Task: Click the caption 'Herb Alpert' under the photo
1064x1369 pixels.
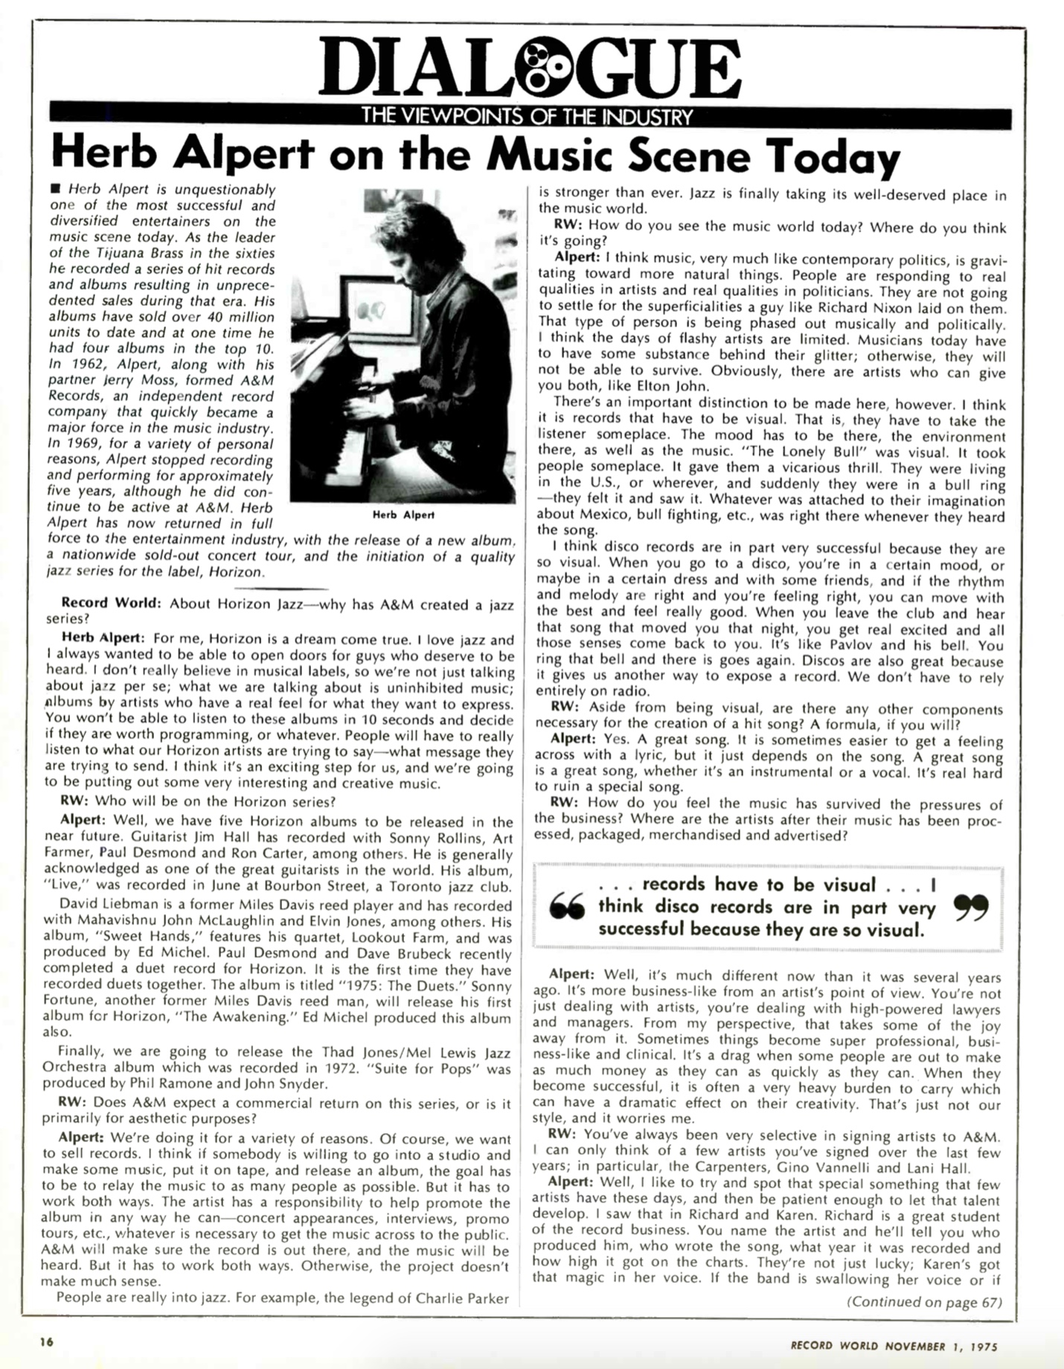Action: point(403,515)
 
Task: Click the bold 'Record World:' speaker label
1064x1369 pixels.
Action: point(111,603)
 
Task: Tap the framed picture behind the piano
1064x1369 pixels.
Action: point(374,312)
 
